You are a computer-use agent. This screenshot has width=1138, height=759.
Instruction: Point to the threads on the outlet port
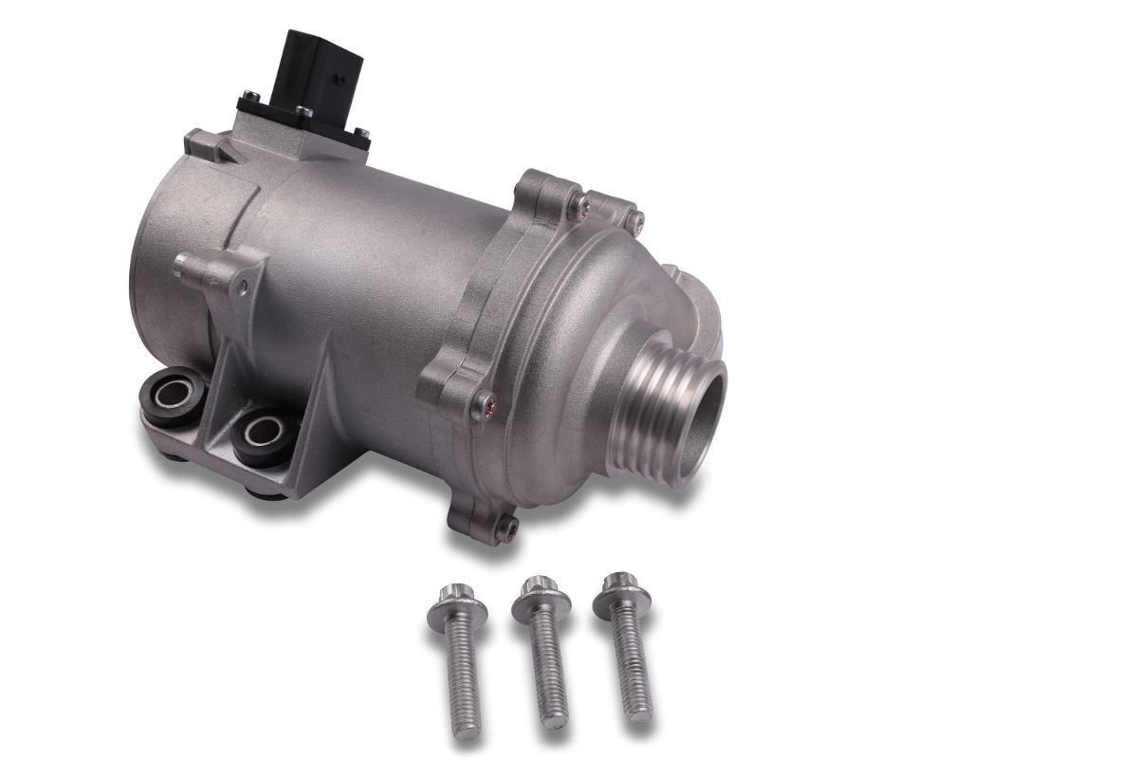pos(654,408)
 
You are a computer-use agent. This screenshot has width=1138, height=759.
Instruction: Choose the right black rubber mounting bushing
pos(262,434)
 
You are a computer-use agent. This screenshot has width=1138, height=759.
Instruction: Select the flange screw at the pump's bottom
pos(508,527)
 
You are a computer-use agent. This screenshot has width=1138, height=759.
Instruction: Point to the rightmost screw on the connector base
pos(360,134)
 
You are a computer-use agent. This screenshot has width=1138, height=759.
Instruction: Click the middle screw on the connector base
pos(304,112)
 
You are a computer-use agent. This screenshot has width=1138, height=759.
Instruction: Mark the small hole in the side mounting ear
pos(244,283)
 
